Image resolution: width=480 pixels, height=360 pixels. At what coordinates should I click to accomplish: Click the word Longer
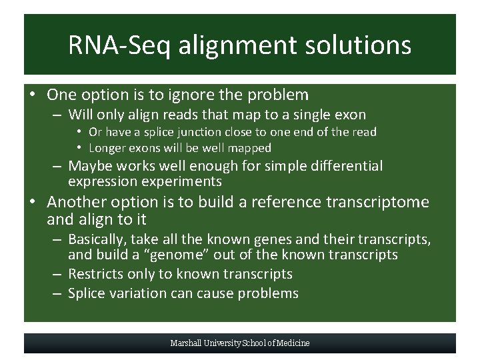click(107, 148)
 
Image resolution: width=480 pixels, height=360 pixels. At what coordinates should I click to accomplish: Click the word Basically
click(98, 239)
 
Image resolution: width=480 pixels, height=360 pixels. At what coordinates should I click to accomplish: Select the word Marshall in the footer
click(187, 343)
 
